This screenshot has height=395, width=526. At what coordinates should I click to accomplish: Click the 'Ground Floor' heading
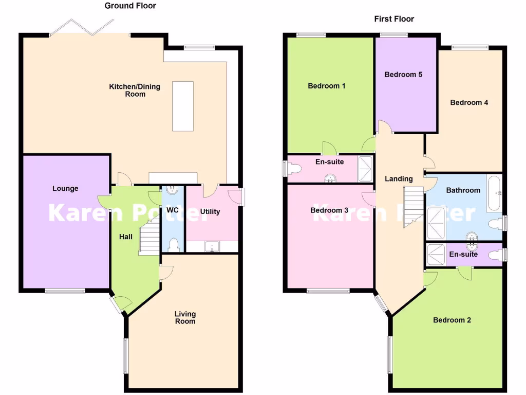coord(130,6)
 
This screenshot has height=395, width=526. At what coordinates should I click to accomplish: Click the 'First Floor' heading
coord(394,19)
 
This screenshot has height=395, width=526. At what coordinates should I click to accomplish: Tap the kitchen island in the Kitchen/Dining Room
coord(183,106)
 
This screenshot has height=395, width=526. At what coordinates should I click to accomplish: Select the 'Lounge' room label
coord(66,188)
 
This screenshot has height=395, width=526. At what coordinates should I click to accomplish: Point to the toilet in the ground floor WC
coord(173,244)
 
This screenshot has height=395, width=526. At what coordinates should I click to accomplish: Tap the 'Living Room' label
coord(185,317)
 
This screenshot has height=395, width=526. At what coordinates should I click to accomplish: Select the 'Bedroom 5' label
coord(403,74)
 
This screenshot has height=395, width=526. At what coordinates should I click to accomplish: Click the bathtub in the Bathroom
coord(494,193)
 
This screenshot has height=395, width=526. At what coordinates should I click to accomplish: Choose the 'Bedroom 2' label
coord(452,320)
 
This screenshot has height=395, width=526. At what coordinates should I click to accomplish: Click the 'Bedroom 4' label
coord(469,102)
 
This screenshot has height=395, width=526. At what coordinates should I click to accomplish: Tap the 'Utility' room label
coord(210,211)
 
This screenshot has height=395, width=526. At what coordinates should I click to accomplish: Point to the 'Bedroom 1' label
coord(326,85)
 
